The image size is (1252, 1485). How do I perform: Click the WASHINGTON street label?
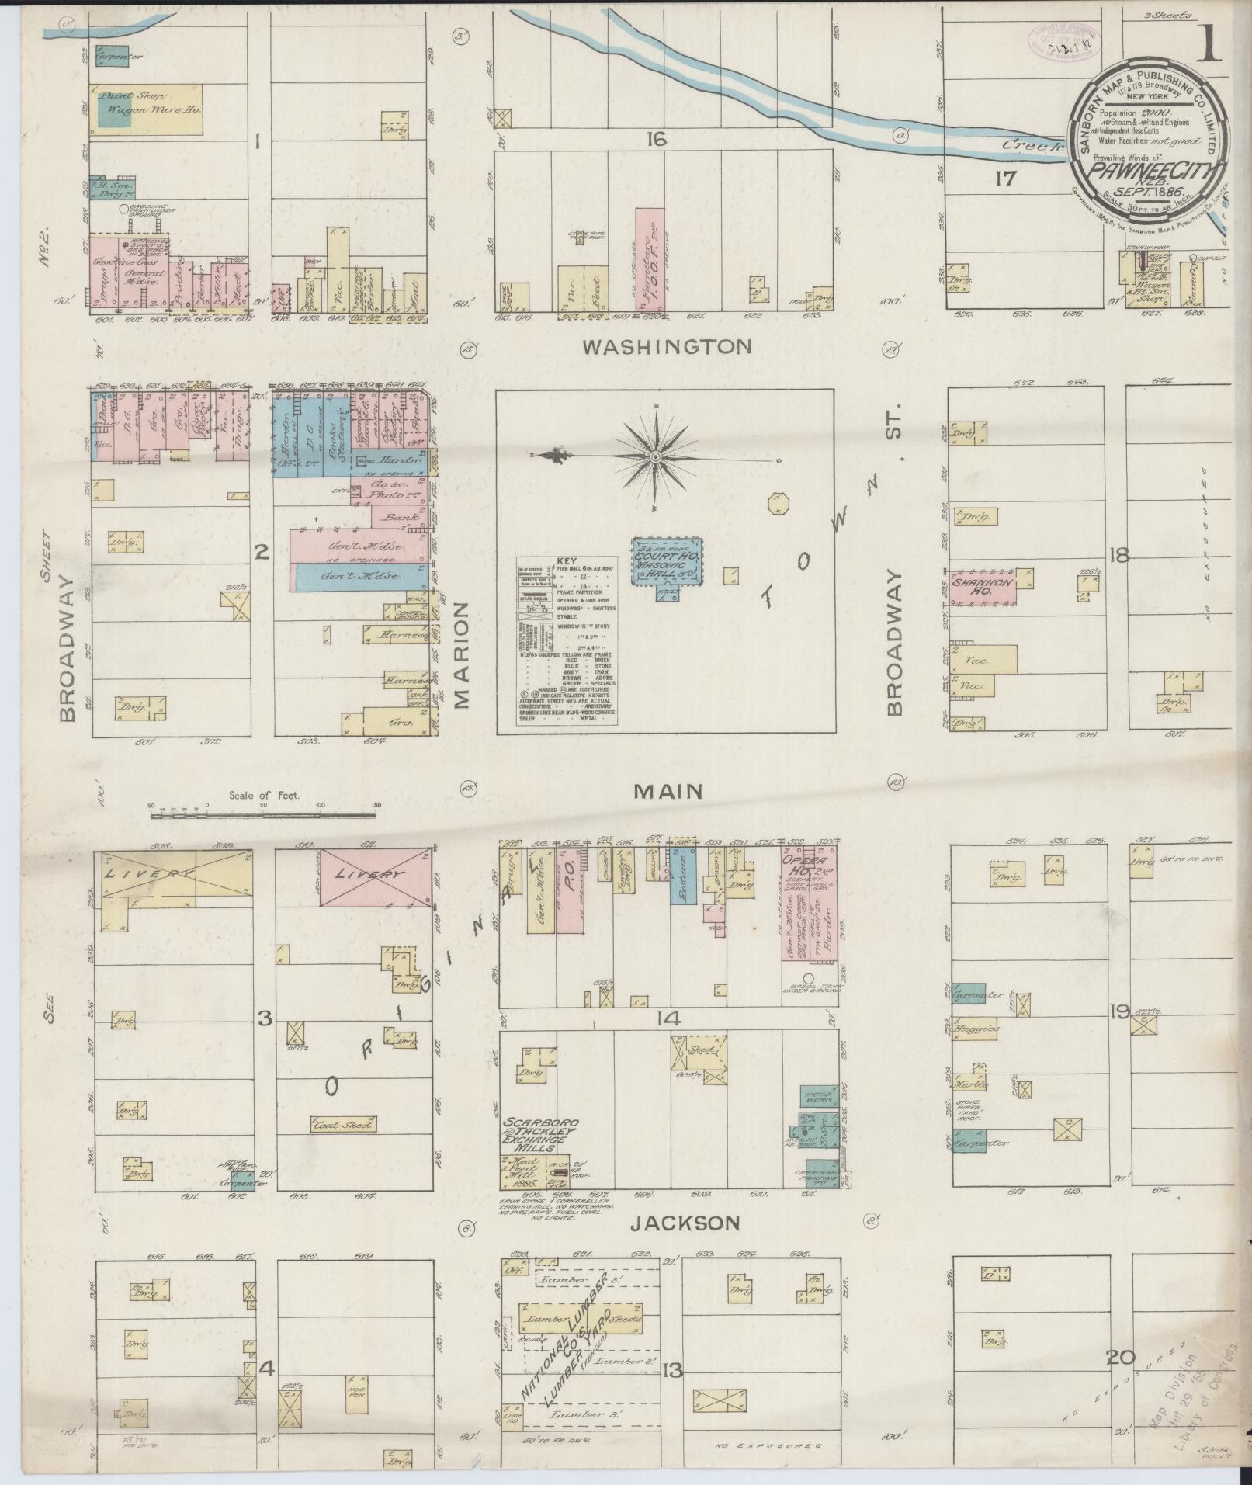668,346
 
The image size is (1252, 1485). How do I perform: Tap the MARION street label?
463,654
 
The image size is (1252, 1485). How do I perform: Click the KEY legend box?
567,640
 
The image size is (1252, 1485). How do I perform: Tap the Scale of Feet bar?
264,815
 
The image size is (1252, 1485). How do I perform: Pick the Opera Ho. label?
810,865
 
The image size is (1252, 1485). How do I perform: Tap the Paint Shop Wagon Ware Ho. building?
147,108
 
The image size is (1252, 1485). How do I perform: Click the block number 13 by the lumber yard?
672,1371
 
